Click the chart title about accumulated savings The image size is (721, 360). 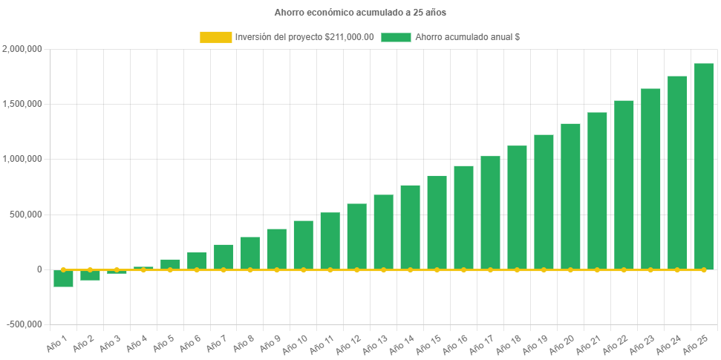point(360,12)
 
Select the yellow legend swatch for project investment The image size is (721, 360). point(215,37)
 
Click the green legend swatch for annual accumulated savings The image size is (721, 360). point(396,37)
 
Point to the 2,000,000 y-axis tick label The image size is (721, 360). point(22,49)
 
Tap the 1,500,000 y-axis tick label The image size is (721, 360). point(22,104)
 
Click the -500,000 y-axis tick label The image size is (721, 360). point(24,324)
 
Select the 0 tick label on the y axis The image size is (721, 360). point(39,269)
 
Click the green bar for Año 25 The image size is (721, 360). point(703,166)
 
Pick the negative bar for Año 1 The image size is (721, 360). point(63,279)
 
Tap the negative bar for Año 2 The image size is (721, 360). point(90,275)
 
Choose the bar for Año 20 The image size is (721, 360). point(570,196)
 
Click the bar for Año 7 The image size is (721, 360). point(224,257)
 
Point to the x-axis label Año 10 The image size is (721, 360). point(296,344)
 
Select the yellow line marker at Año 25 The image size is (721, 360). point(703,270)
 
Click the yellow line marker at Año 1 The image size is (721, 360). point(63,270)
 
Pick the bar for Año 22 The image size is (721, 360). point(624,185)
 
